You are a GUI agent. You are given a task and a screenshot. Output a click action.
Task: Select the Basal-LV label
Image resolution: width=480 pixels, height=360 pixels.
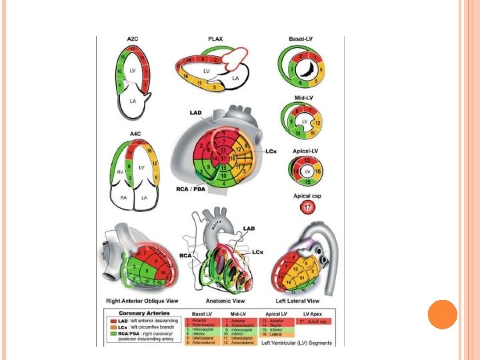pos(304,40)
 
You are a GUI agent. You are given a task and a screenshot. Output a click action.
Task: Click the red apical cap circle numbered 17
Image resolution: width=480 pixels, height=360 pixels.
pos(307,209)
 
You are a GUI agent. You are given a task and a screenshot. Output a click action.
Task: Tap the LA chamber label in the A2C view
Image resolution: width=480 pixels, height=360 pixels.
pos(133,101)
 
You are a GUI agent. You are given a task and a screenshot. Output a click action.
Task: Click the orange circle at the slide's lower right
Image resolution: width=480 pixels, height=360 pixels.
pos(442,314)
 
